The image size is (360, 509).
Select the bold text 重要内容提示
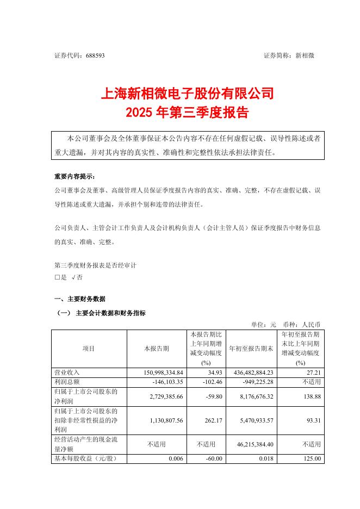(x=74, y=177)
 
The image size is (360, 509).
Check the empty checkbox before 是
(x=57, y=277)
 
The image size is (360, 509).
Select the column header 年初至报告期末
(x=250, y=348)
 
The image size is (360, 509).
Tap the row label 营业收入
(x=67, y=373)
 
